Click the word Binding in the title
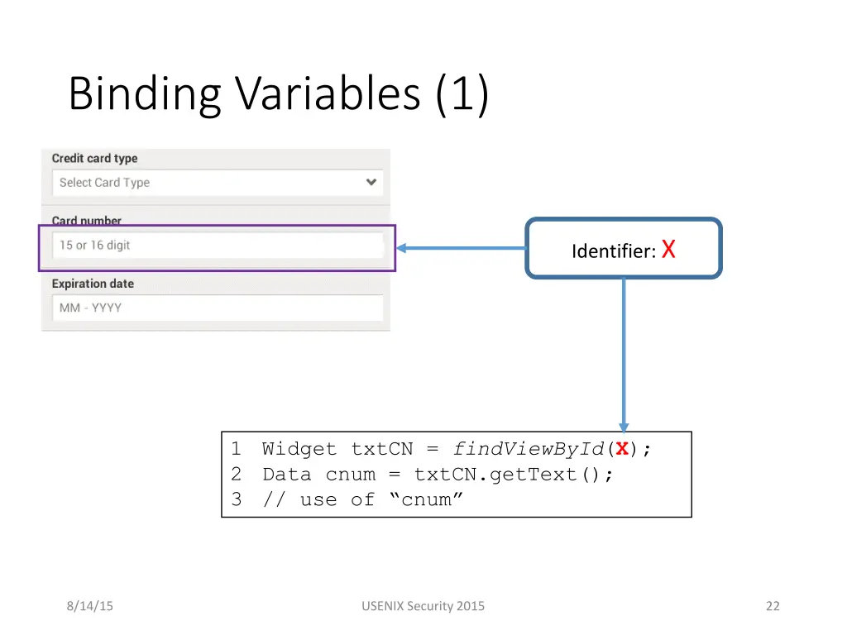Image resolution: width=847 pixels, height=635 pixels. click(x=144, y=94)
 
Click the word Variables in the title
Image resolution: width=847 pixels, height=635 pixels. click(x=328, y=94)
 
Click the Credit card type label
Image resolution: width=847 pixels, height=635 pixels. click(x=94, y=159)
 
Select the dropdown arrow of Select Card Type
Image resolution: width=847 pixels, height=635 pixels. click(x=371, y=182)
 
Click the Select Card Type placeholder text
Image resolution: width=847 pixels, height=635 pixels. click(x=104, y=183)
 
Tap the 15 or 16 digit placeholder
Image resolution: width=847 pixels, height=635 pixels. click(x=94, y=246)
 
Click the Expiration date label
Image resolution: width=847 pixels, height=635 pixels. click(x=93, y=284)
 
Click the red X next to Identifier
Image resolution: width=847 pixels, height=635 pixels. click(x=668, y=249)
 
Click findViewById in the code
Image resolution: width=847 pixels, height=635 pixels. click(x=529, y=449)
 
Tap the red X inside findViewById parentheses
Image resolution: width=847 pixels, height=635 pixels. click(x=621, y=449)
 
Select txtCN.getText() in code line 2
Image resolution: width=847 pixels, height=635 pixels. click(x=513, y=475)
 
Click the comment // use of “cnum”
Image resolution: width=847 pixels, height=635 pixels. click(x=363, y=499)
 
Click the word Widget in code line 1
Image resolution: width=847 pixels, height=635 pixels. click(x=299, y=449)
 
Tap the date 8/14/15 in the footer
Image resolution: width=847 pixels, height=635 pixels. click(x=89, y=606)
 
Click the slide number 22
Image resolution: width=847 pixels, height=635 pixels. click(x=773, y=606)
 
